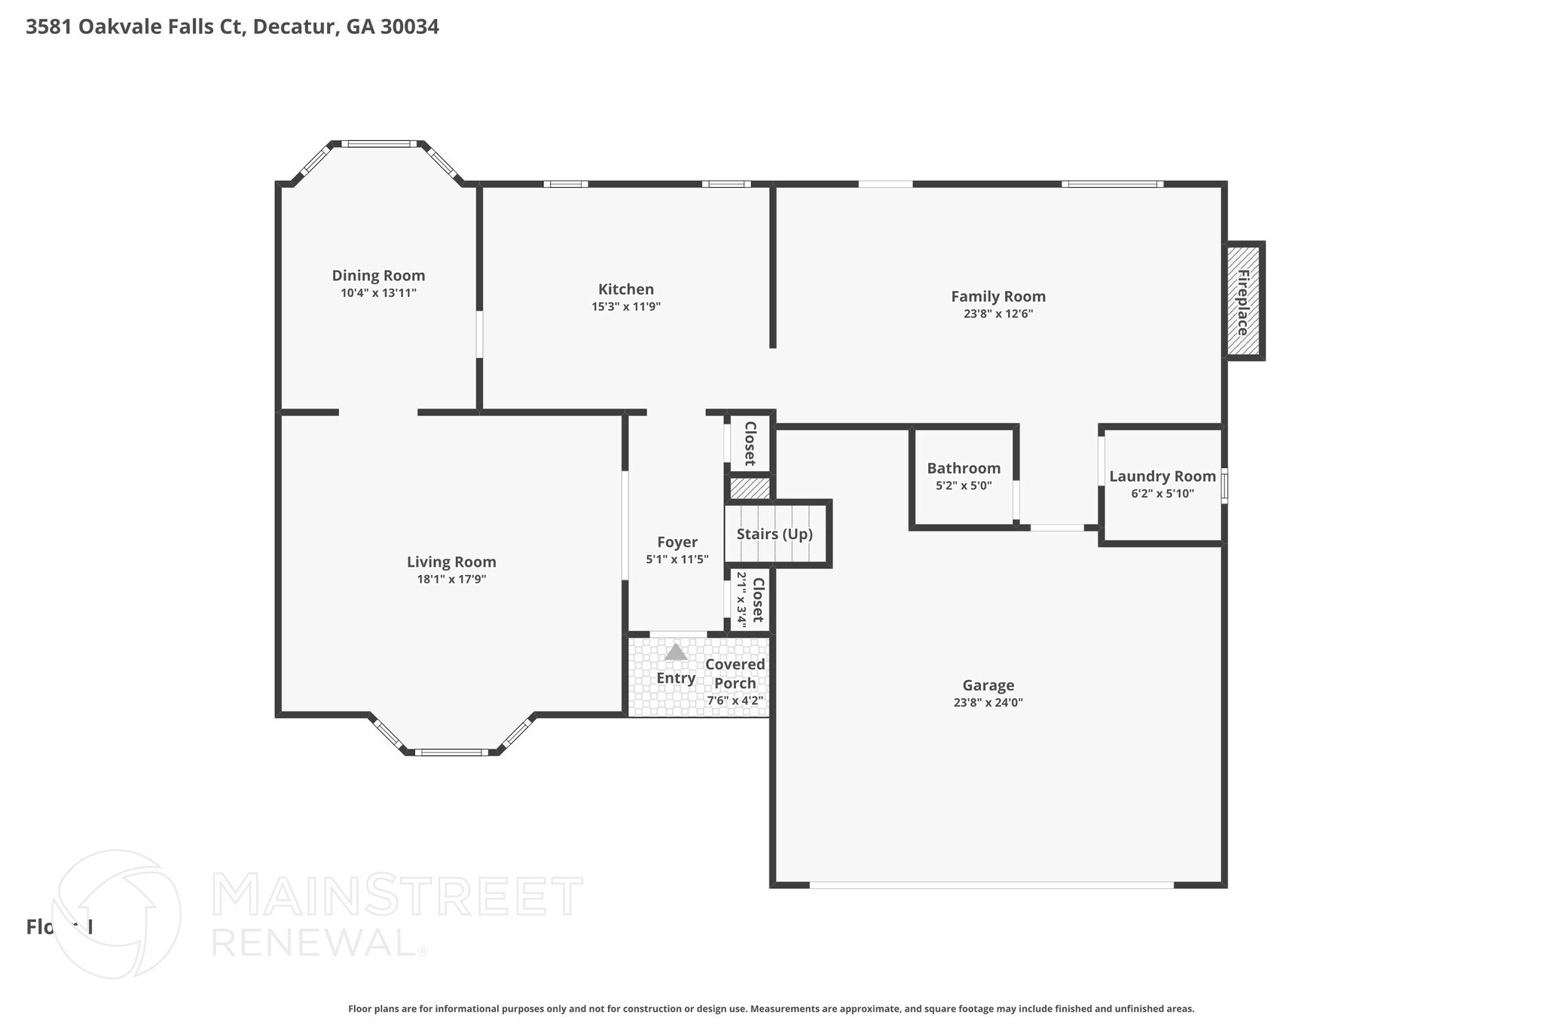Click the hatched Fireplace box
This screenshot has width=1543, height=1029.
(x=1243, y=302)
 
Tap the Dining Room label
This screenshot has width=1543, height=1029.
(x=378, y=276)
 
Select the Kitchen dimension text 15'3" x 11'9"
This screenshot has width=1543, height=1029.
(x=625, y=307)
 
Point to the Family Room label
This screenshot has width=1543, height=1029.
(x=998, y=297)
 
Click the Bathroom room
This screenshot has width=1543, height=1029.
(x=963, y=476)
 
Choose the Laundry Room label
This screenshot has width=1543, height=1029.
(x=1162, y=476)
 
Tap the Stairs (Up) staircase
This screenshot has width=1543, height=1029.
(x=775, y=534)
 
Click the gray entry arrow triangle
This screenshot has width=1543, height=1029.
(x=676, y=652)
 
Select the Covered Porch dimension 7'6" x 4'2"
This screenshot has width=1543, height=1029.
(x=735, y=700)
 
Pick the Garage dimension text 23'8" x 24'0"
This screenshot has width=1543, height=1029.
(x=988, y=703)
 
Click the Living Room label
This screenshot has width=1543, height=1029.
(x=451, y=562)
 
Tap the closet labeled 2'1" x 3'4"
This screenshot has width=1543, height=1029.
(x=750, y=600)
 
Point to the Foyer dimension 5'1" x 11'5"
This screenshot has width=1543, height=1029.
(x=677, y=559)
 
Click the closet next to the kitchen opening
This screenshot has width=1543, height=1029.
(x=750, y=444)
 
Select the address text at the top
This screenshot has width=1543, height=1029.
(x=232, y=27)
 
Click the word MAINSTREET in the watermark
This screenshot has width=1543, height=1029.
(x=397, y=896)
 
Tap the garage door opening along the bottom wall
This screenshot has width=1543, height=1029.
(x=991, y=884)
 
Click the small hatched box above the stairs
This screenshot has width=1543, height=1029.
(x=749, y=488)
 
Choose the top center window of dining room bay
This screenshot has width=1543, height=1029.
(x=378, y=144)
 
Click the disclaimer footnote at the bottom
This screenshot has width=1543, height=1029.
(x=771, y=1009)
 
